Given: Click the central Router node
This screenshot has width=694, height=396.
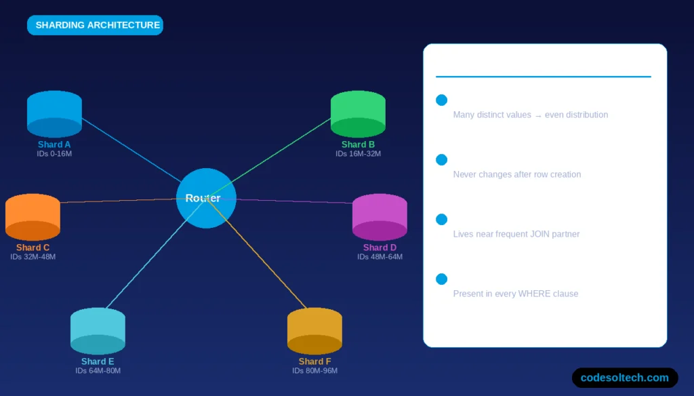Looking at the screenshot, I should [x=205, y=198].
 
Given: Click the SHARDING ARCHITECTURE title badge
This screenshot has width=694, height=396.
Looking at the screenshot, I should [x=95, y=25].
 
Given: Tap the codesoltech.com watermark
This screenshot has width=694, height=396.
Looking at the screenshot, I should [x=625, y=378].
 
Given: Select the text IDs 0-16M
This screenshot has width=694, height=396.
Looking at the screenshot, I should [x=54, y=154].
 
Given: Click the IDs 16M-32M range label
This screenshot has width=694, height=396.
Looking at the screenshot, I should [x=358, y=154].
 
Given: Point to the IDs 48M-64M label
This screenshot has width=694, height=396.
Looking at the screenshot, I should [x=380, y=257].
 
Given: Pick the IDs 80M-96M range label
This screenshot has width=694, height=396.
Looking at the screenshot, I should [x=314, y=371].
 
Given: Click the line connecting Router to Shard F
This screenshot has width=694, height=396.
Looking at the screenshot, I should [x=264, y=258].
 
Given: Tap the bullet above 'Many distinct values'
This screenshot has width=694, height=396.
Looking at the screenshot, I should [x=441, y=100].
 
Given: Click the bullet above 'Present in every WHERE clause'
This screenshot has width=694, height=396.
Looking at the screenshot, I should [x=441, y=279].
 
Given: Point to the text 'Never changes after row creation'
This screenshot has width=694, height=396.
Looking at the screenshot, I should [x=516, y=174].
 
